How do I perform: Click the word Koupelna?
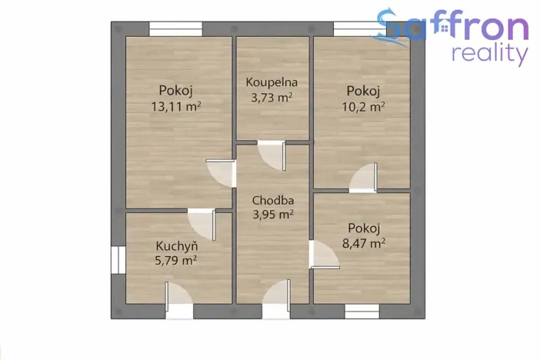click(x=272, y=82)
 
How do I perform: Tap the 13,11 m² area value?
click(x=177, y=107)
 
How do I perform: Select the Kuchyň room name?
click(x=177, y=246)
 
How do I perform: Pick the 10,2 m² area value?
click(x=363, y=107)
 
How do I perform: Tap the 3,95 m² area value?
click(x=273, y=215)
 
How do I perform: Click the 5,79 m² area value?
click(x=176, y=261)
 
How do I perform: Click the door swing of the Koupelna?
click(x=272, y=155)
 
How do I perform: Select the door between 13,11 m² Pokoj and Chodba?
click(x=222, y=173)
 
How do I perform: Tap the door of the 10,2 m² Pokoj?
click(x=364, y=179)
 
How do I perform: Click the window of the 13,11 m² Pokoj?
click(x=176, y=29)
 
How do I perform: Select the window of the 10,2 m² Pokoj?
click(x=360, y=29)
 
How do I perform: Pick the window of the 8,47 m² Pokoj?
click(x=362, y=311)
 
